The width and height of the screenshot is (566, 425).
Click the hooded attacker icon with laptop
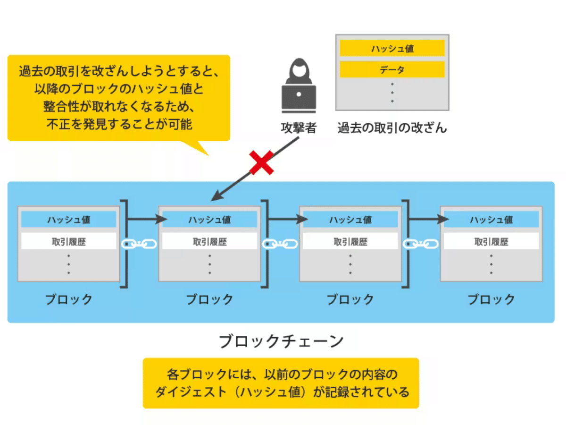pyautogui.click(x=299, y=87)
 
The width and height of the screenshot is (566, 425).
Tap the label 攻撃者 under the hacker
pyautogui.click(x=299, y=127)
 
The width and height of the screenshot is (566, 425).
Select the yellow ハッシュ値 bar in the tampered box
pyautogui.click(x=392, y=48)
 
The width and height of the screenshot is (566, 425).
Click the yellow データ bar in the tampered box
pyautogui.click(x=392, y=69)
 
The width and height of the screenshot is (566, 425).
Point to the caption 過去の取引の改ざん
pyautogui.click(x=392, y=127)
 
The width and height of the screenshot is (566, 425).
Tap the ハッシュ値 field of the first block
pyautogui.click(x=69, y=220)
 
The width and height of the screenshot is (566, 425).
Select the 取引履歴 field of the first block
pyautogui.click(x=69, y=242)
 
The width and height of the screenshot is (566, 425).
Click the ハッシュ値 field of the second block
pyautogui.click(x=210, y=220)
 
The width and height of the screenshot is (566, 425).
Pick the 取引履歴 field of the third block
pyautogui.click(x=350, y=242)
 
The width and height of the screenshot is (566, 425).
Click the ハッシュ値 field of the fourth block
pyautogui.click(x=491, y=220)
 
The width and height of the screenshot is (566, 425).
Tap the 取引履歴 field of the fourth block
pyautogui.click(x=491, y=242)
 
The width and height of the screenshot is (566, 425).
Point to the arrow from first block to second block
pyautogui.click(x=146, y=220)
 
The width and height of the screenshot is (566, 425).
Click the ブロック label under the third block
pyautogui.click(x=350, y=299)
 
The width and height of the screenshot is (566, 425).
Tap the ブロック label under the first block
pyautogui.click(x=69, y=299)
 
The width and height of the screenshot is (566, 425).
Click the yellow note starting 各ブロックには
pyautogui.click(x=281, y=383)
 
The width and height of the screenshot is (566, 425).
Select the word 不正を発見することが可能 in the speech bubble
pyautogui.click(x=119, y=124)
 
